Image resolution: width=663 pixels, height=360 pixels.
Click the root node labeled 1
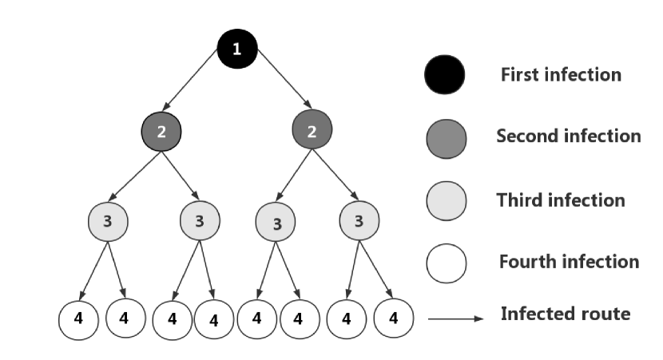pyautogui.click(x=236, y=49)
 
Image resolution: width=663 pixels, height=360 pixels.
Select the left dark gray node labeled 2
pyautogui.click(x=161, y=132)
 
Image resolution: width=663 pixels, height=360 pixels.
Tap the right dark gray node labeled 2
pyautogui.click(x=312, y=130)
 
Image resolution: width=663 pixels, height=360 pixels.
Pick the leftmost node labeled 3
pyautogui.click(x=108, y=221)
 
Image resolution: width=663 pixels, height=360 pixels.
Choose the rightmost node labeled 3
pyautogui.click(x=358, y=221)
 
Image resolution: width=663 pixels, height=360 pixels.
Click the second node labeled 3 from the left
pyautogui.click(x=200, y=221)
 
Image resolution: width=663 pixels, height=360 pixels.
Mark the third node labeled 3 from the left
pyautogui.click(x=276, y=223)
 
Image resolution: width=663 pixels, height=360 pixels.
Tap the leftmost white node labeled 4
pyautogui.click(x=78, y=319)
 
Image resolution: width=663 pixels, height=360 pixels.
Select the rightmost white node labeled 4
pyautogui.click(x=393, y=318)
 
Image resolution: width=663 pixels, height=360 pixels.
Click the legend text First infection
pyautogui.click(x=561, y=75)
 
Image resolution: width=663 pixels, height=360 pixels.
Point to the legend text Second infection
pyautogui.click(x=568, y=136)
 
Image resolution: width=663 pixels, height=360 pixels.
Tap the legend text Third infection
pyautogui.click(x=561, y=200)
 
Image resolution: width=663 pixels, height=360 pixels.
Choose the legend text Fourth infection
pyautogui.click(x=569, y=262)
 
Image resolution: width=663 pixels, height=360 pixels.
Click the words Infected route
pyautogui.click(x=565, y=314)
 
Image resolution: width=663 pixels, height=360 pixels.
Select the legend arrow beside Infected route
pyautogui.click(x=455, y=318)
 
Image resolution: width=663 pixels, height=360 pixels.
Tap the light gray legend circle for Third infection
pyautogui.click(x=446, y=200)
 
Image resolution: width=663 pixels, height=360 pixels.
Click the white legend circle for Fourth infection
pyautogui.click(x=446, y=263)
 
